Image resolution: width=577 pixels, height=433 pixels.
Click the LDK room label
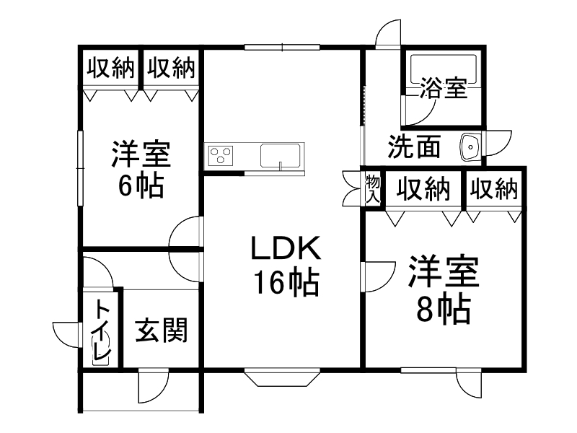coord(285,249)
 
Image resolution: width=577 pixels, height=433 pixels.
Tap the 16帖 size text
coord(285,283)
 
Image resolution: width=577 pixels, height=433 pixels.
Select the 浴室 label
coord(444,89)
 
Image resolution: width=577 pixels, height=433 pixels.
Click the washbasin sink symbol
coord(470,147)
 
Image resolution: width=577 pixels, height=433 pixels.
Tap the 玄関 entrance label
coord(162,331)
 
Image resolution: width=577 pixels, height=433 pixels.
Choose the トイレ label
coord(101,332)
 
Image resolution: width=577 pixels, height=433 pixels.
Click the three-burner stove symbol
coord(221,154)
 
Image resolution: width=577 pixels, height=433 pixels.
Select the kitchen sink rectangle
coord(281,156)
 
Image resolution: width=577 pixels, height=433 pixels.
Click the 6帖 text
coord(141,187)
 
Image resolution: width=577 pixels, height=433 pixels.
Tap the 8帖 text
coord(444,310)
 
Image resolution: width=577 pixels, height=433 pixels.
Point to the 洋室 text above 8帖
coord(444,274)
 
